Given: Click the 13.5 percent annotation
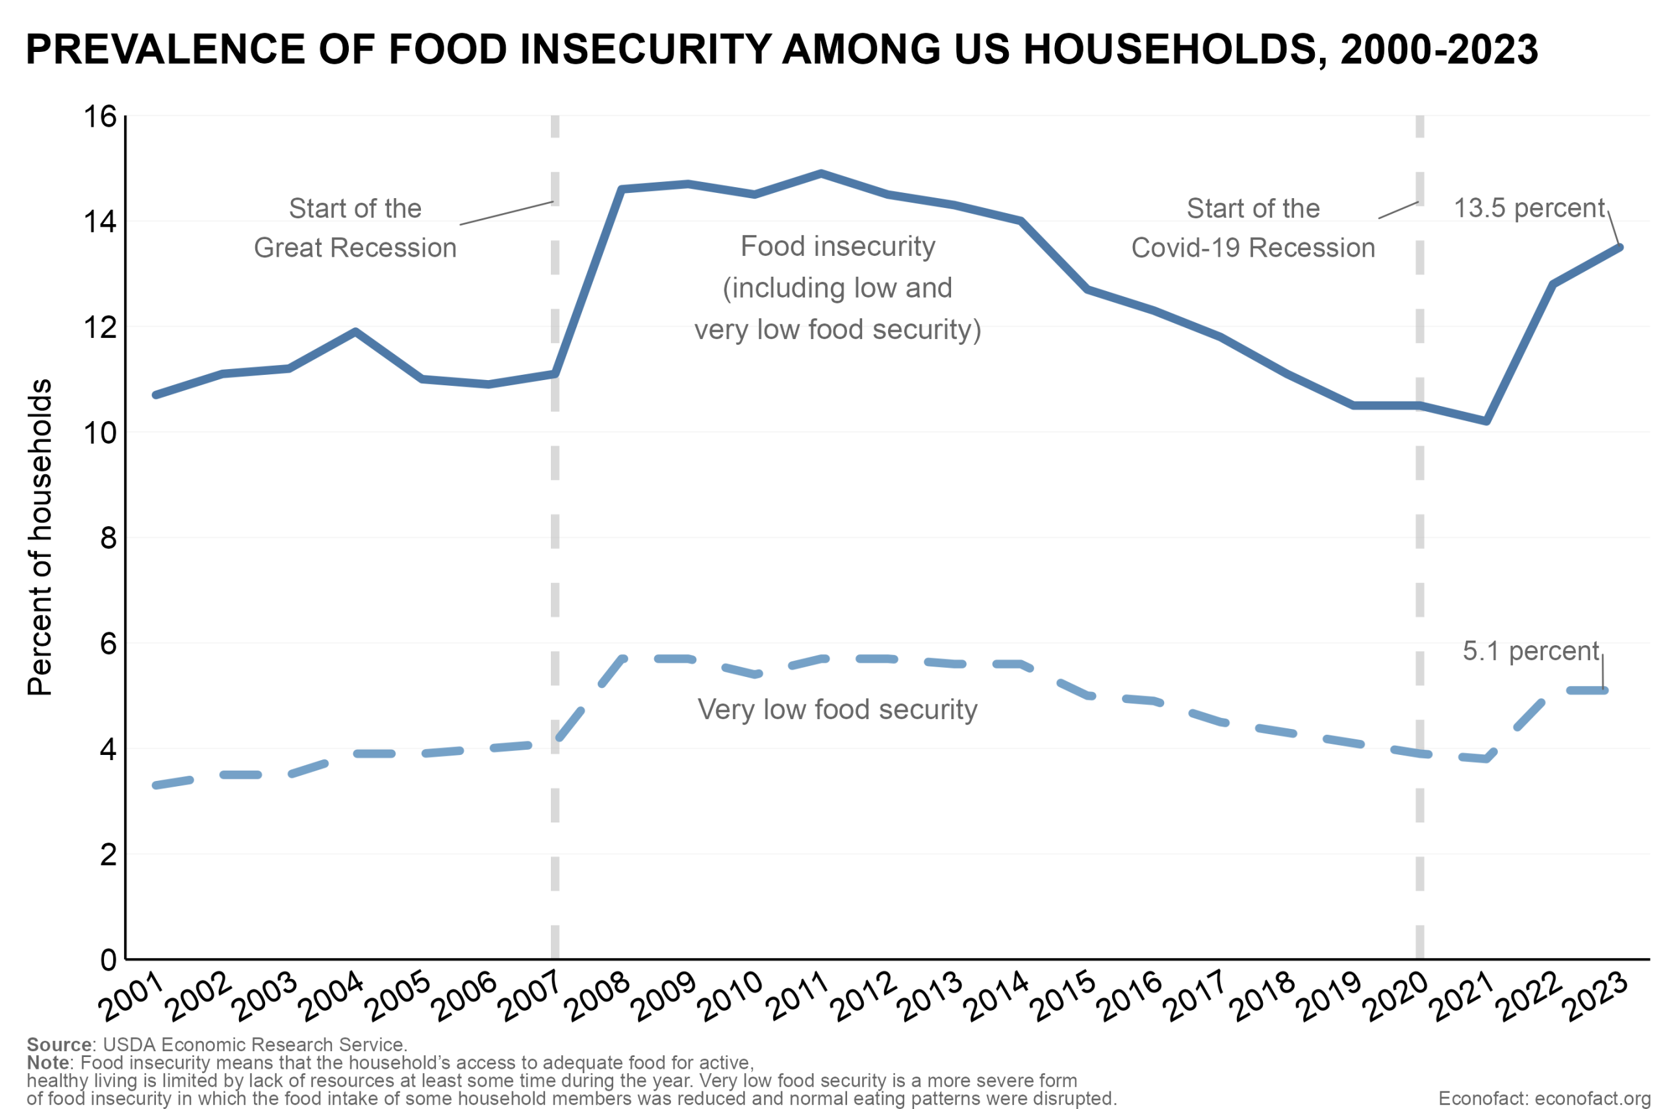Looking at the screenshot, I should (x=1529, y=208).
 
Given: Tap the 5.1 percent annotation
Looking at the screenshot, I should (x=1530, y=651).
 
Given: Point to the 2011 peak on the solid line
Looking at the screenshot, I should (x=821, y=173).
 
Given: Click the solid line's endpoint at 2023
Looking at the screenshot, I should (x=1620, y=248).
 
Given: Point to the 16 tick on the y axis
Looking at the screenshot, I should (x=99, y=116).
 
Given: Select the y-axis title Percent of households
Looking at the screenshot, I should (x=40, y=537).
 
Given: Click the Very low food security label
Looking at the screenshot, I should (x=837, y=709).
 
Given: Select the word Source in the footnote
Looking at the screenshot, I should (x=58, y=1045).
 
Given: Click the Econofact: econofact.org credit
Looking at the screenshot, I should (x=1544, y=1099).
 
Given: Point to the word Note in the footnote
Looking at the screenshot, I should (x=47, y=1062).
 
